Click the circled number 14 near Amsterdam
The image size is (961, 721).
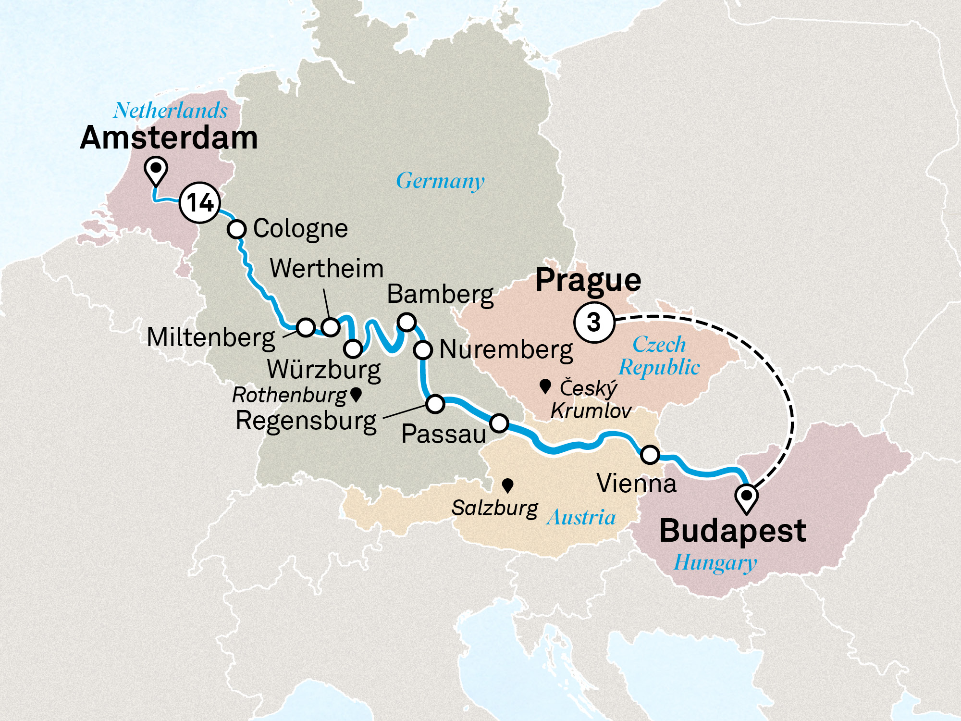pos(200,202)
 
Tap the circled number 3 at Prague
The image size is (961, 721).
pos(594,322)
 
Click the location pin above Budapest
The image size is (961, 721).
pos(747,497)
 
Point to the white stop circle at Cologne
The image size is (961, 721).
pos(236,229)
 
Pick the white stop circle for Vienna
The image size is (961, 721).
pos(650,454)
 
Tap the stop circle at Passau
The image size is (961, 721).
pos(499,423)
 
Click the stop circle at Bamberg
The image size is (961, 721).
pos(407,322)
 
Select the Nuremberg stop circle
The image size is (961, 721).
pos(423,350)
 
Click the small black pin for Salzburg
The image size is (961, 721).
pos(507,485)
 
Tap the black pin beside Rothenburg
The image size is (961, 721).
pos(356,395)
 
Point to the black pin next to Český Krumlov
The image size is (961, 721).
pos(545,386)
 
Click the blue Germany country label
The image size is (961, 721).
pos(440,181)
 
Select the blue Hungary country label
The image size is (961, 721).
pos(715,562)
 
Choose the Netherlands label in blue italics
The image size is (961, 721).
pos(171,111)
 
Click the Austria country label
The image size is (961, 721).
pos(581,518)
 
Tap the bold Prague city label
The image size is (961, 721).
pos(588,280)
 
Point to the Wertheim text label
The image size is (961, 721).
pos(327,268)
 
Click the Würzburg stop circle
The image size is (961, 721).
pos(353,348)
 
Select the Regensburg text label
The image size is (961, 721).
pos(306,421)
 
